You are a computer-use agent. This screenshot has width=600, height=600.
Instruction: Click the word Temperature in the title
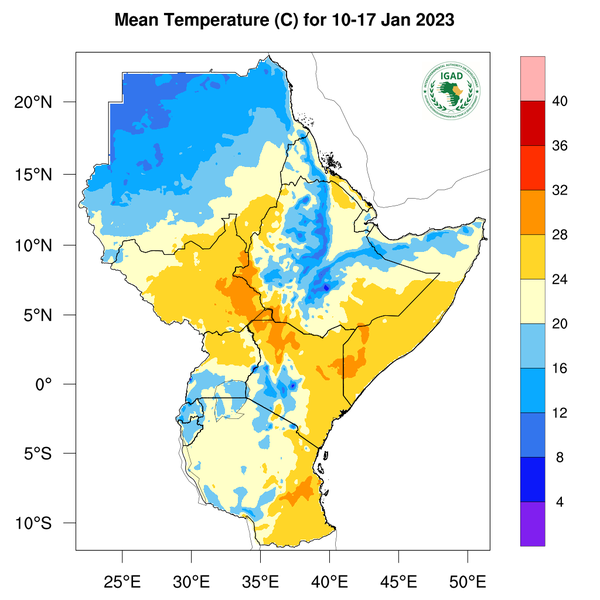[217, 20]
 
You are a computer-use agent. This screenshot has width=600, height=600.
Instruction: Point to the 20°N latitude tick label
[47, 103]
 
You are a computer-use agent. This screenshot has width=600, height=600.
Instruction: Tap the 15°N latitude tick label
[47, 174]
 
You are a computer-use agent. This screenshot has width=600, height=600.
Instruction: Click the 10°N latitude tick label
[47, 245]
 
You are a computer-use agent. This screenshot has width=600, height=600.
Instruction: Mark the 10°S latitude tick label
[47, 524]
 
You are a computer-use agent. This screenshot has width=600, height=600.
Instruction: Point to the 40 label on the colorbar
[562, 100]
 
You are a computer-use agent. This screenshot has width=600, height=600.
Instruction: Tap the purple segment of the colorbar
[533, 523]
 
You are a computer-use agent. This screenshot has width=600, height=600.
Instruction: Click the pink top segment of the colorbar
[533, 77]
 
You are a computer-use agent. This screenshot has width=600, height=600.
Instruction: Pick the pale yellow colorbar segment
[533, 300]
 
